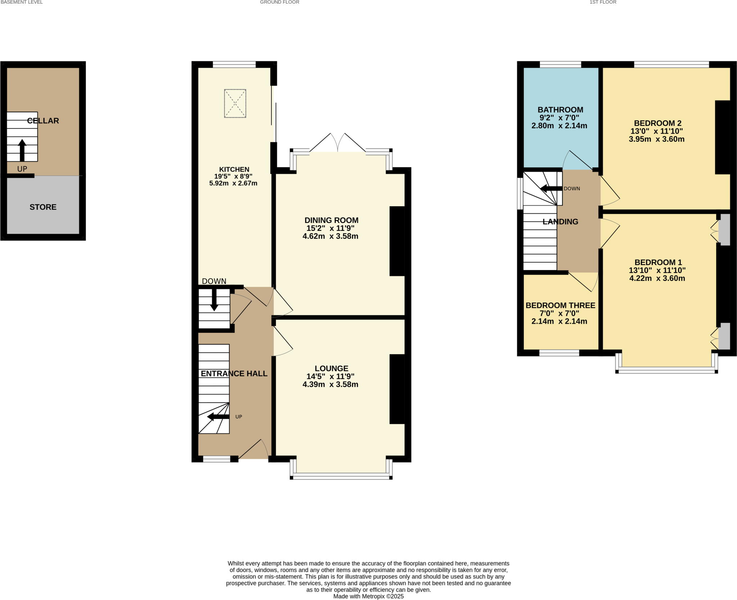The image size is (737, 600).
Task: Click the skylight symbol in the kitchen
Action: click(235, 103)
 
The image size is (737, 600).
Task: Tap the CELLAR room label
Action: click(43, 121)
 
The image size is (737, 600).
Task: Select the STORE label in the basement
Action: click(43, 207)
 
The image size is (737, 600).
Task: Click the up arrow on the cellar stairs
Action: click(22, 149)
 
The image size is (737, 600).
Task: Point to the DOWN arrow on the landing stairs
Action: click(551, 188)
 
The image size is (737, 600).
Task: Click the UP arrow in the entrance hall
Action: click(218, 417)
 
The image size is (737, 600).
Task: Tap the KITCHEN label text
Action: click(234, 169)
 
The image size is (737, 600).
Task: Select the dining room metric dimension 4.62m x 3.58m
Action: click(330, 236)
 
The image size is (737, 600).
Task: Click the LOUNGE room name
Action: click(331, 368)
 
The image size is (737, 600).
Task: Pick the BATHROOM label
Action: click(560, 110)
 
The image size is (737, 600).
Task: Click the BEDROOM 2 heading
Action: click(657, 123)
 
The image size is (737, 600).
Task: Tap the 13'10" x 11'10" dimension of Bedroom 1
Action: click(657, 270)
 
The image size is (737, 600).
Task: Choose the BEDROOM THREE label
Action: click(560, 305)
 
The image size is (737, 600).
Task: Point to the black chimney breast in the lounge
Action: click(397, 389)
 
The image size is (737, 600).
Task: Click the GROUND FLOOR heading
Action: click(280, 2)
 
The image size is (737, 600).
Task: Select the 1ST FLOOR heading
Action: click(603, 2)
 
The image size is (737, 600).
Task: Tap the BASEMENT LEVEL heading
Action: click(22, 2)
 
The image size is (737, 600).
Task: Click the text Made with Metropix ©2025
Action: click(368, 596)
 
